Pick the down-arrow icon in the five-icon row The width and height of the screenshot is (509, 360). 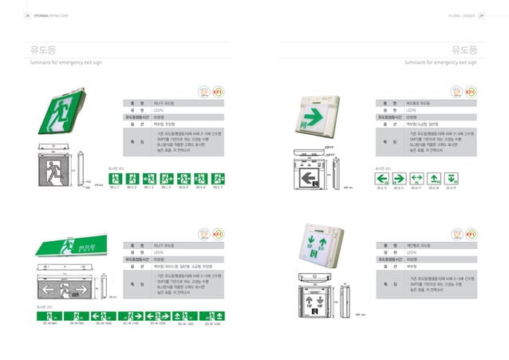pyautogui.click(x=452, y=176)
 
